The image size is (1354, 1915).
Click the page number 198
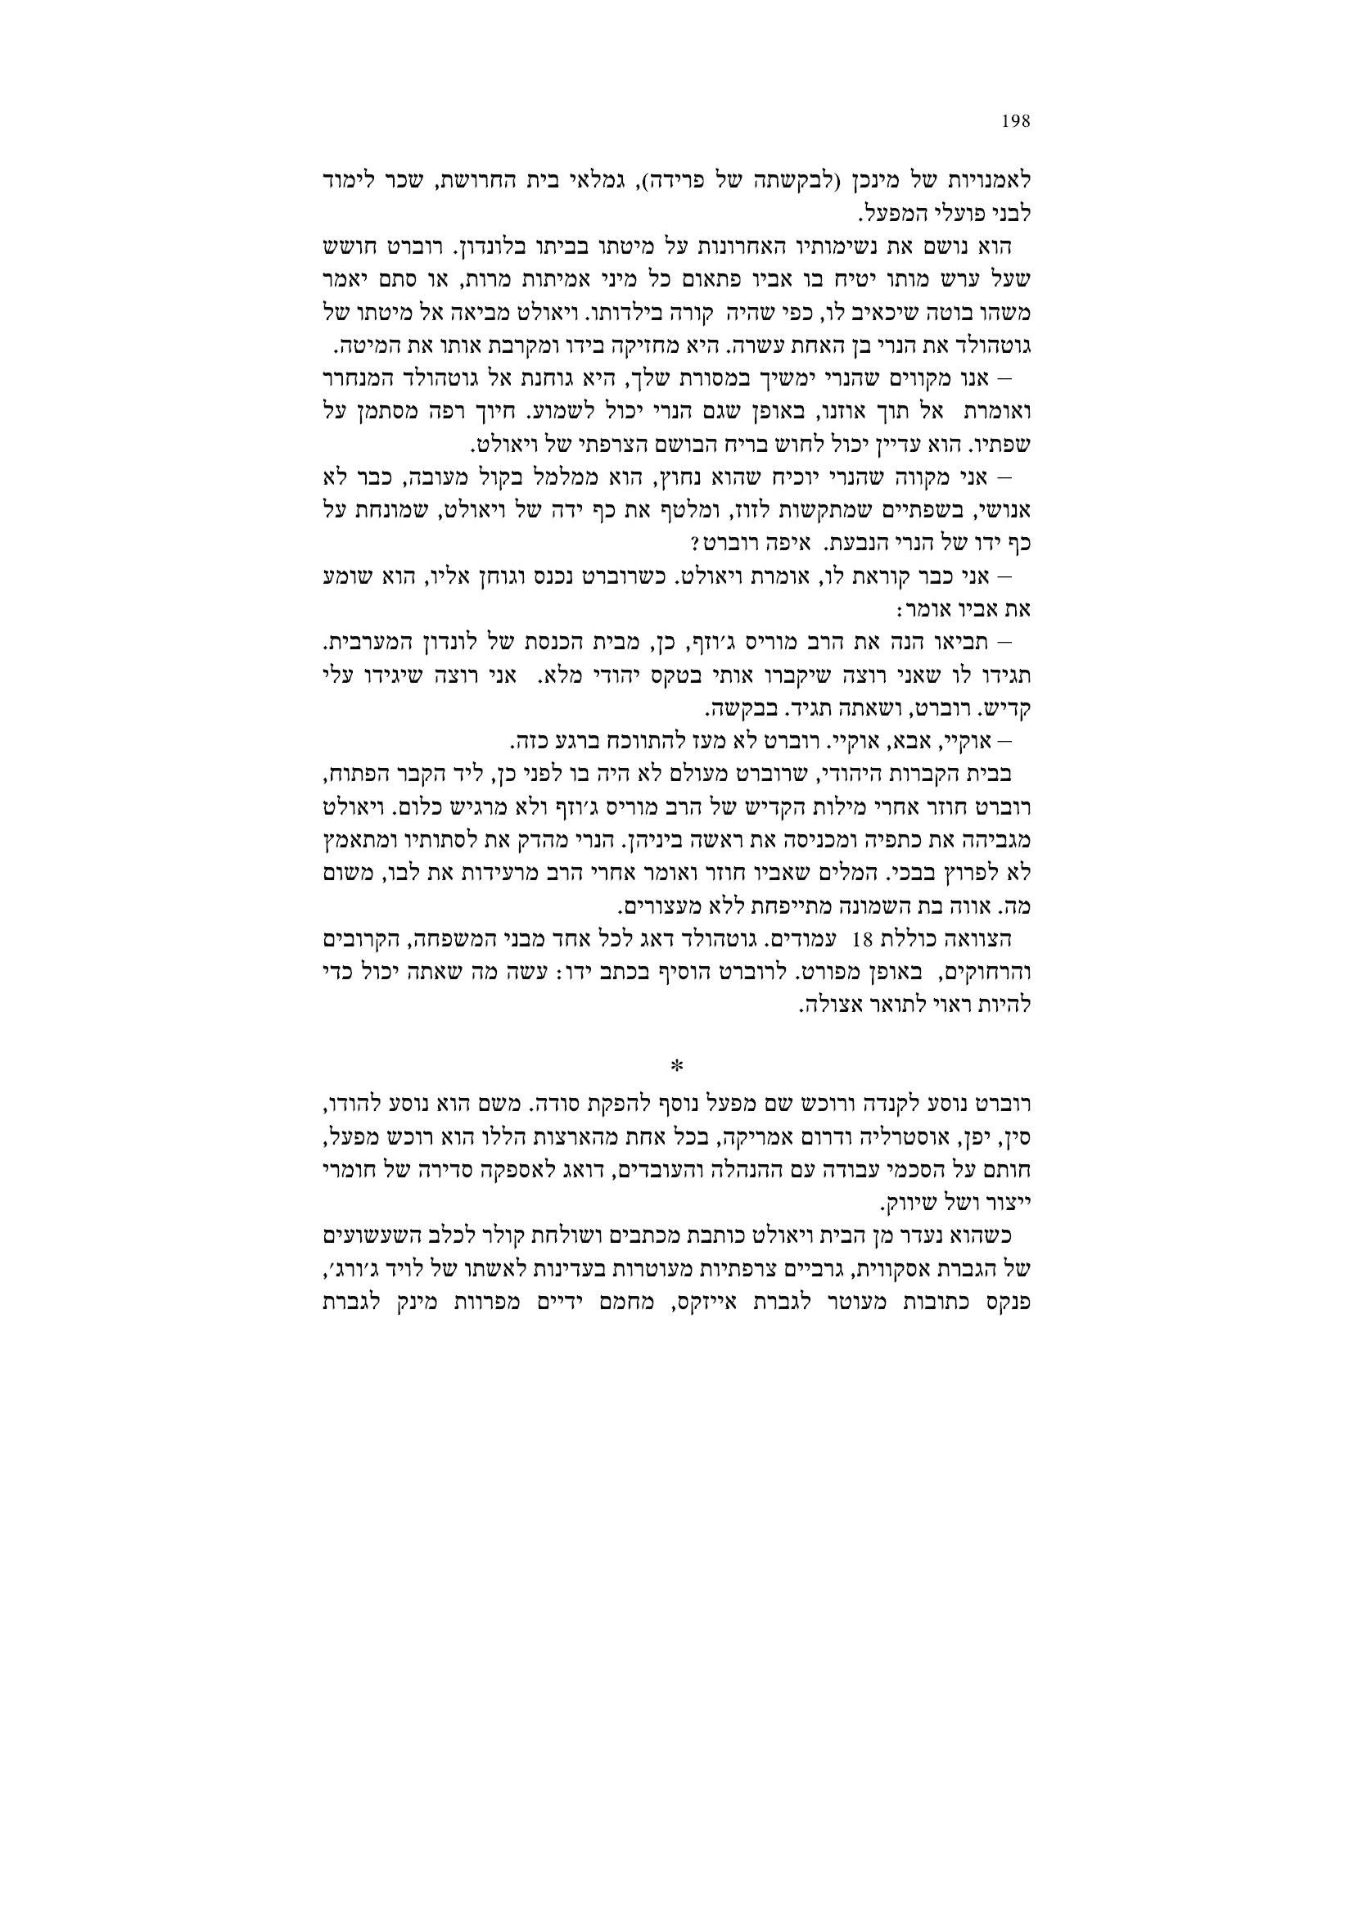coord(1015,122)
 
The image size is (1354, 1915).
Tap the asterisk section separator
coord(676,1065)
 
